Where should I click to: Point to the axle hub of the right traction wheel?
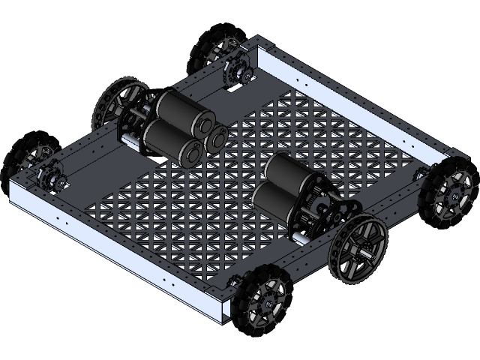point(366,252)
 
